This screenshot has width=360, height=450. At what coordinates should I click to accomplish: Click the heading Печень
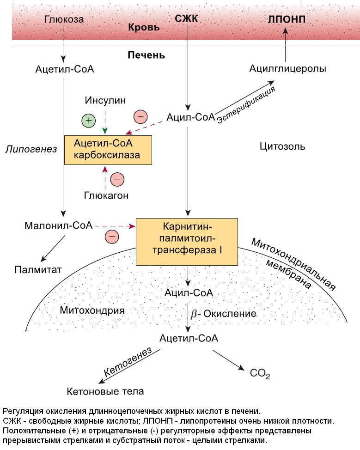click(146, 55)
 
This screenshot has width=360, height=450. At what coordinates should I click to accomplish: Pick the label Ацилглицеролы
click(287, 69)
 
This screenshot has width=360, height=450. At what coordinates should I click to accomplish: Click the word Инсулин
click(105, 100)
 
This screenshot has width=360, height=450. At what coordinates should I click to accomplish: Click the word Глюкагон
click(106, 195)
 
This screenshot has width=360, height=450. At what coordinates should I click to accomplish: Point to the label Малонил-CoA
click(58, 226)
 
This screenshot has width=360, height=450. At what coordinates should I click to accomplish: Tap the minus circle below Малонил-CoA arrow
click(112, 237)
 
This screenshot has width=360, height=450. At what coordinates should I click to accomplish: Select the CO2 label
click(260, 372)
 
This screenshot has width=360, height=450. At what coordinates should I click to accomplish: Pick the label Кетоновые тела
click(105, 391)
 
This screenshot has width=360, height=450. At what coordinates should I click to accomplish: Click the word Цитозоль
click(282, 147)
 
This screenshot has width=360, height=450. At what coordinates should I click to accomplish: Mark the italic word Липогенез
click(31, 149)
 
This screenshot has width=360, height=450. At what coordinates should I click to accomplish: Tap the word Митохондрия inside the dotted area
click(92, 310)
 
